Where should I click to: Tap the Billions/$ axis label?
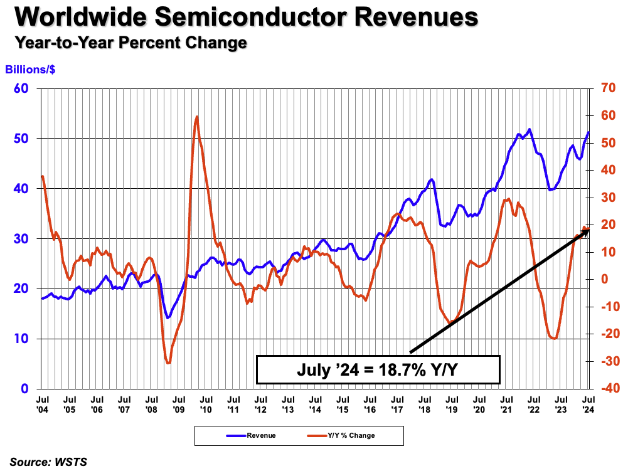tap(30, 70)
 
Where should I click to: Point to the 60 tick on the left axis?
tap(21, 88)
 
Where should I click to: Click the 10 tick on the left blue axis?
tap(21, 339)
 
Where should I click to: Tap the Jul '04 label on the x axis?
tap(43, 403)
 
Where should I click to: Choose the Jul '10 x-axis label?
tap(205, 403)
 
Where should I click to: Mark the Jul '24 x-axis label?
tap(588, 403)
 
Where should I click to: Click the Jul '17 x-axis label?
tap(397, 403)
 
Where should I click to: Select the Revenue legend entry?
tap(250, 435)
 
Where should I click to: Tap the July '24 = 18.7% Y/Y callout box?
tap(378, 369)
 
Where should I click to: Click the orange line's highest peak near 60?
tap(197, 117)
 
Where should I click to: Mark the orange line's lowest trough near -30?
tap(168, 363)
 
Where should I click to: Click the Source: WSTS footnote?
tap(48, 462)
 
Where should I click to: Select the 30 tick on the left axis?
tap(21, 238)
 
